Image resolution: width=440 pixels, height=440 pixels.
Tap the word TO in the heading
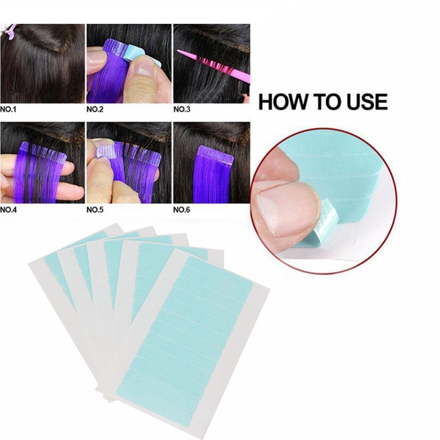click(x=324, y=102)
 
